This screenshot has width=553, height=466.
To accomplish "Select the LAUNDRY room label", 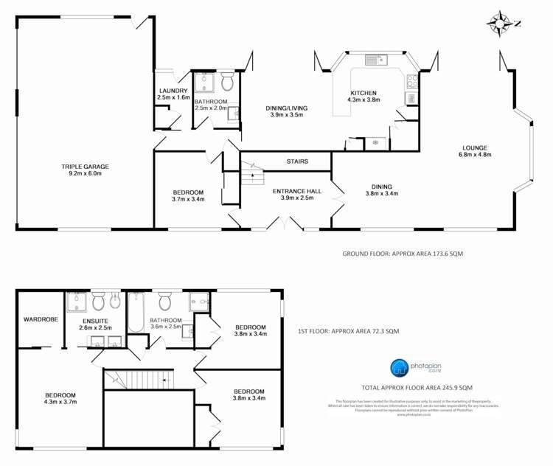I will pos(174,94).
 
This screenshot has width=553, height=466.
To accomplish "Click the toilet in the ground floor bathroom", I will pos(226,82).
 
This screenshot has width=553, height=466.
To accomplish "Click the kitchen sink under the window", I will pos(377,60).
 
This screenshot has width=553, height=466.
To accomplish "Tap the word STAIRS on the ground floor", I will pos(297,161).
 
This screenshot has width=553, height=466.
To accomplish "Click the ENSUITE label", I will pos(94,322).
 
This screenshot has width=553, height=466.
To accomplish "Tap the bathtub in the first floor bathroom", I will pos(136,314).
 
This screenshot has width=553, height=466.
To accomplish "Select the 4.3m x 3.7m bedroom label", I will pos(60,398).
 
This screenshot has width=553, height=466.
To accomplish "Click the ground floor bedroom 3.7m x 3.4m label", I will pos(188,195).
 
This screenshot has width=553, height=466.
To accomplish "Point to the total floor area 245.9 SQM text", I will pos(417,387).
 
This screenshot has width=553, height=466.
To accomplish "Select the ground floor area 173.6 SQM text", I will pos(403,253).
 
